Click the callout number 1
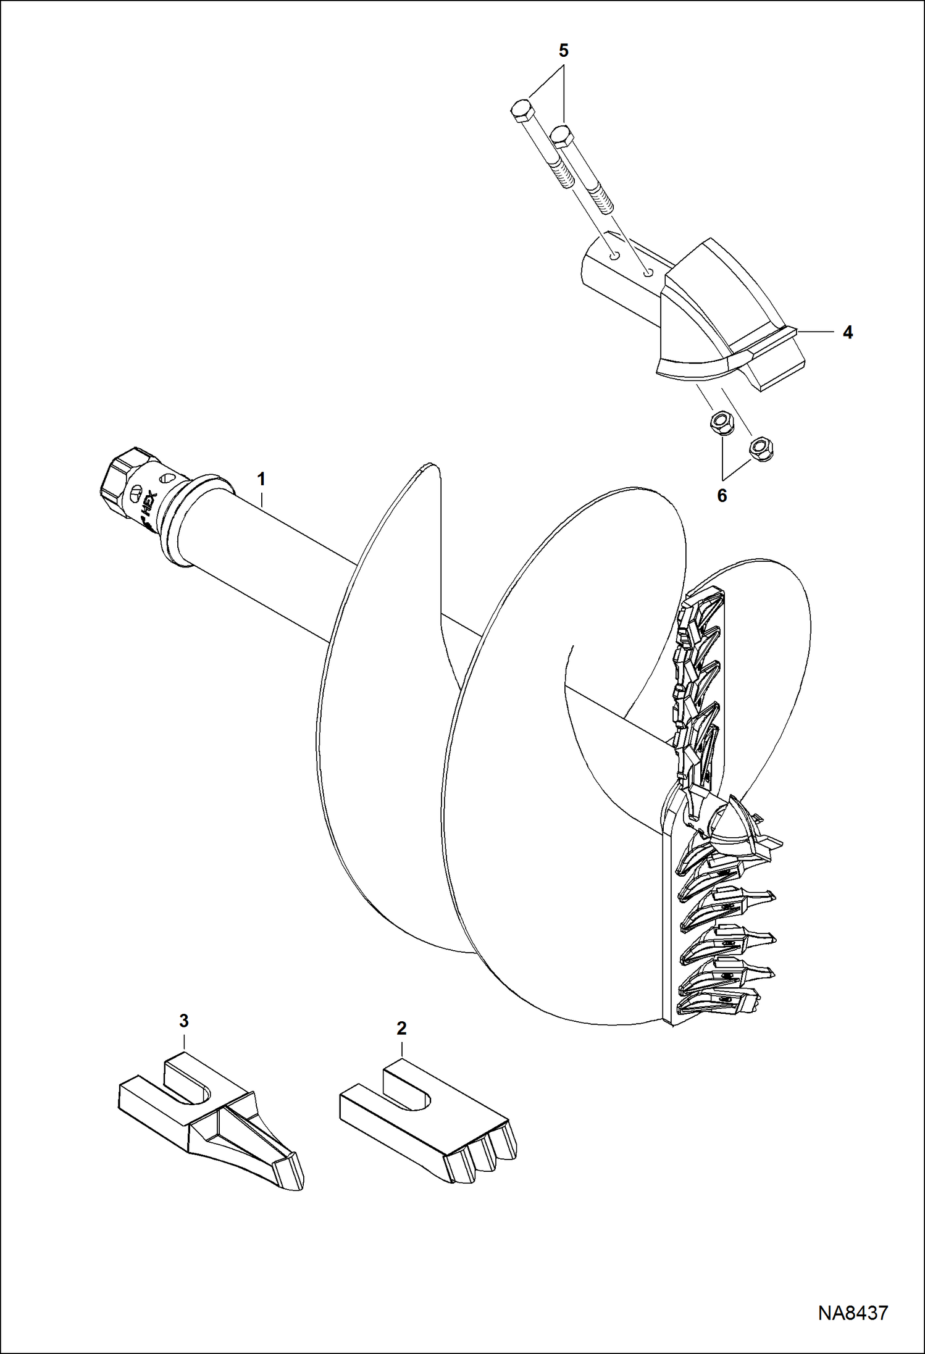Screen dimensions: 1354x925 tap(261, 478)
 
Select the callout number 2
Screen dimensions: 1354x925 tap(401, 1029)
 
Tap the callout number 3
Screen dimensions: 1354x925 tap(183, 1021)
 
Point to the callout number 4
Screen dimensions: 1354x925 tap(848, 333)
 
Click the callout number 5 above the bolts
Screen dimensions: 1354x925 tap(563, 51)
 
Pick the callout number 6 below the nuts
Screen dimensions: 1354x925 tap(722, 496)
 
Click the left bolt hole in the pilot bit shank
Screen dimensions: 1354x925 tap(614, 254)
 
